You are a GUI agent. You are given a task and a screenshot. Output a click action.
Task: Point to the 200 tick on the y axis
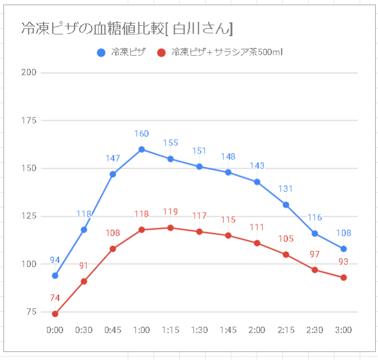[x=29, y=72]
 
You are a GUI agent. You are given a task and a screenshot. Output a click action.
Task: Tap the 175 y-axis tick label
[x=29, y=120]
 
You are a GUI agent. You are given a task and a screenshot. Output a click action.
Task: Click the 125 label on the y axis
[x=29, y=216]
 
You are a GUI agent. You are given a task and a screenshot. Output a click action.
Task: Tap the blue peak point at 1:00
[x=141, y=149]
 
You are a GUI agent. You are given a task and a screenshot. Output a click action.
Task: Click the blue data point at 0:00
[x=55, y=275]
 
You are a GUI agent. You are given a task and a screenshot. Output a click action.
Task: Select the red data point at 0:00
[x=55, y=314]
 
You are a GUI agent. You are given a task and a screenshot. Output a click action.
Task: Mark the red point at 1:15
[x=171, y=228]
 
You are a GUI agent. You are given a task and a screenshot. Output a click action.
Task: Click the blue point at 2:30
[x=314, y=233]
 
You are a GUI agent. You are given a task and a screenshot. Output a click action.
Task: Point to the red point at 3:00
[x=344, y=277]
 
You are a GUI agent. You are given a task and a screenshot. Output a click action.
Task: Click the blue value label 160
[x=141, y=134]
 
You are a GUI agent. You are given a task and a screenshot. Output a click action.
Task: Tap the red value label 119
[x=171, y=212]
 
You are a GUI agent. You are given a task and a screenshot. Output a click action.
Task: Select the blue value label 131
[x=286, y=189]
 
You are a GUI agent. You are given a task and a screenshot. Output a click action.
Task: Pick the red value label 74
[x=55, y=298]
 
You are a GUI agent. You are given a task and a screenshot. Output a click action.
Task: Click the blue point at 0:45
[x=113, y=174]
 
